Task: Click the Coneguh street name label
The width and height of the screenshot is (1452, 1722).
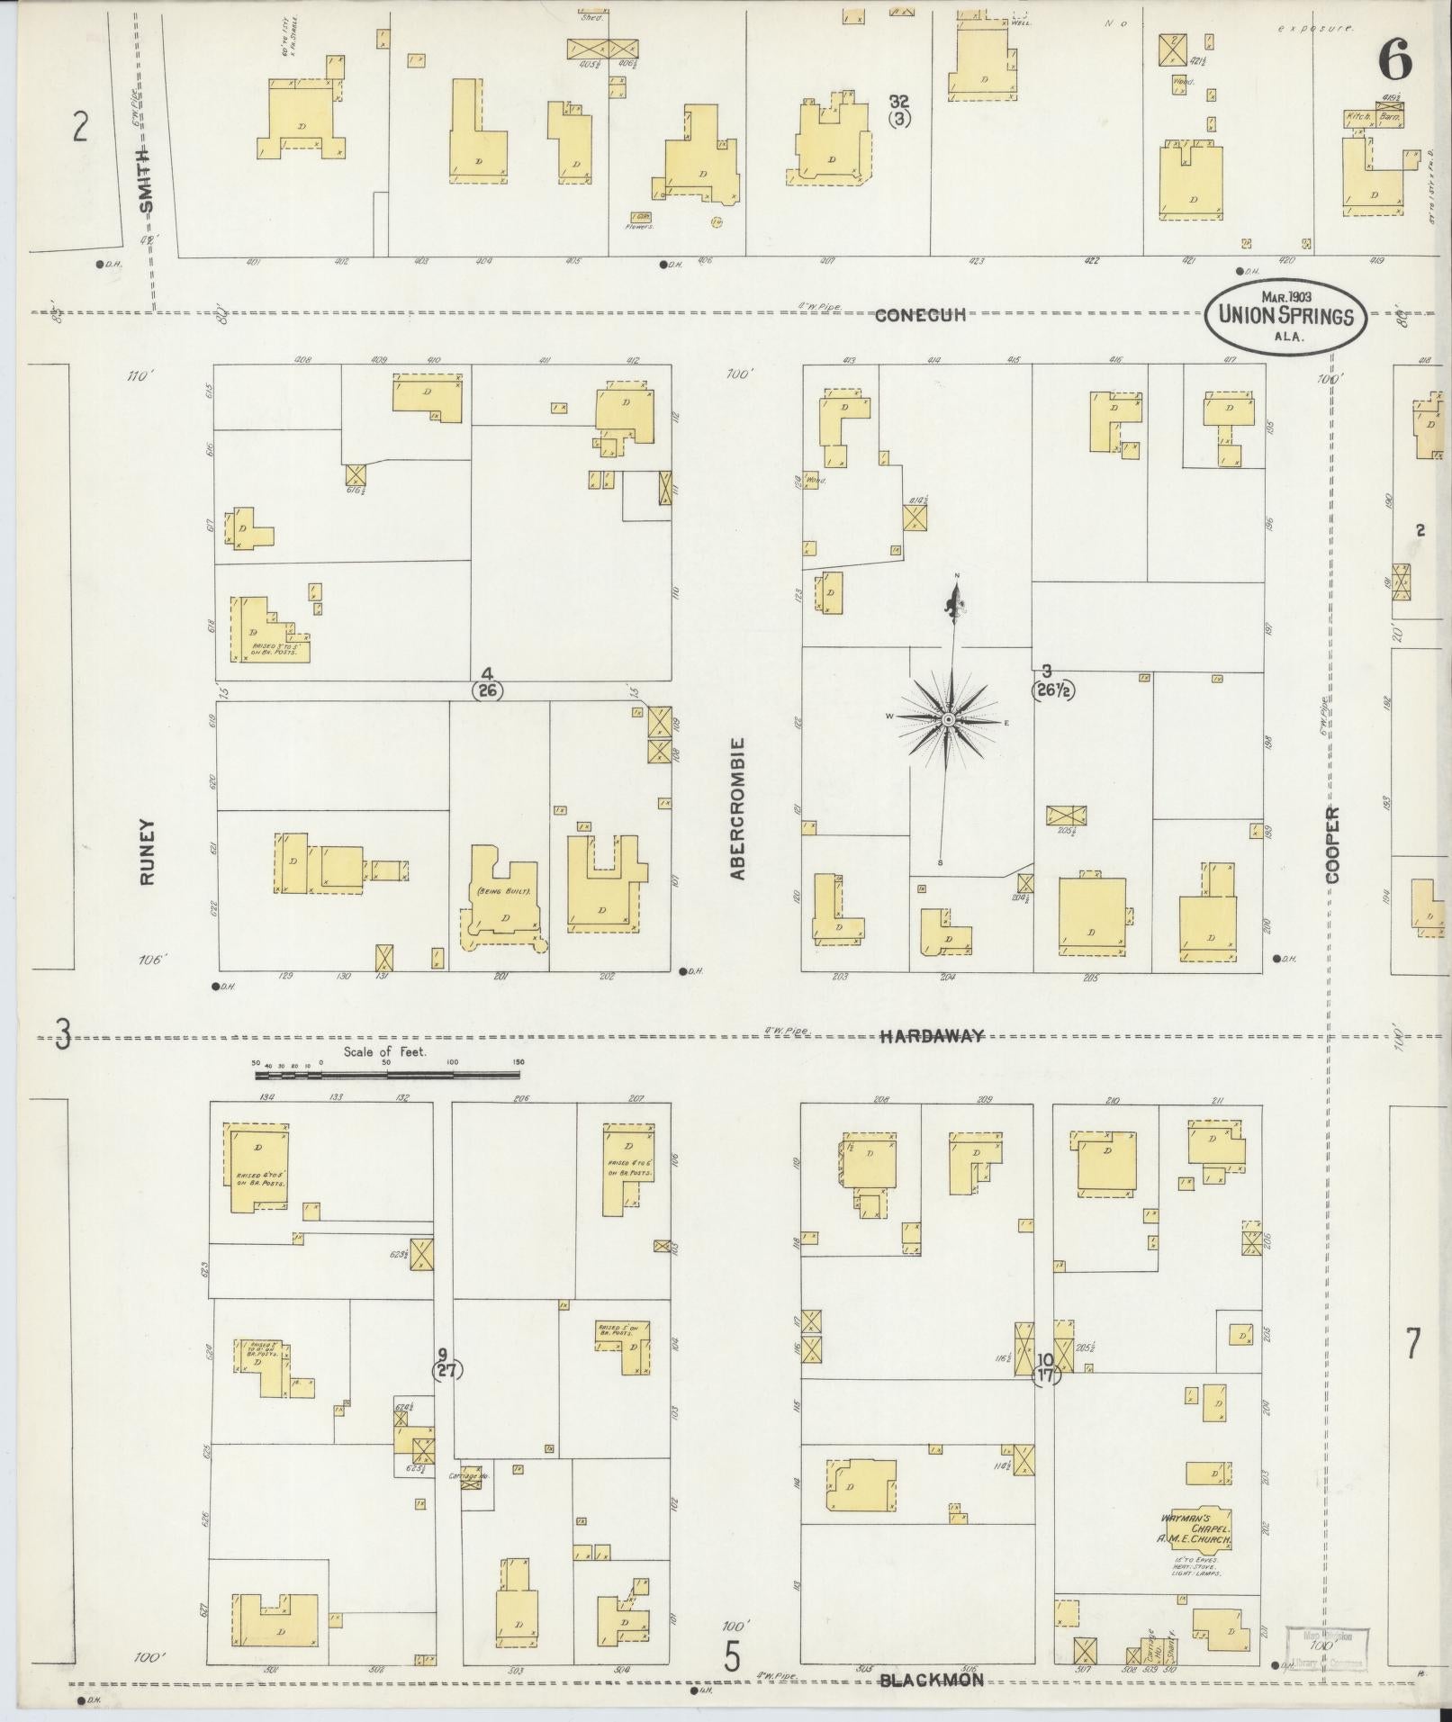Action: click(x=921, y=314)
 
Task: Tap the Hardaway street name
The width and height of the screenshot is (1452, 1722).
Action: click(x=931, y=1036)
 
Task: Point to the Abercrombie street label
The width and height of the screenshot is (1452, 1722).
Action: click(x=738, y=808)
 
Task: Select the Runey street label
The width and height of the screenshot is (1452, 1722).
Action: click(x=148, y=851)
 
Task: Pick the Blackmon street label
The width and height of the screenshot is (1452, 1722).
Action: click(x=931, y=1679)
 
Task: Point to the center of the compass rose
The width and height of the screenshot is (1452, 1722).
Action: click(x=949, y=720)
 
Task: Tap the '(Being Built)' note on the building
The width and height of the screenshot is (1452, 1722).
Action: click(x=502, y=890)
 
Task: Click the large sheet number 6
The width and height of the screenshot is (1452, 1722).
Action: click(x=1394, y=62)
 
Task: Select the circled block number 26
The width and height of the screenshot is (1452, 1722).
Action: click(x=488, y=690)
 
